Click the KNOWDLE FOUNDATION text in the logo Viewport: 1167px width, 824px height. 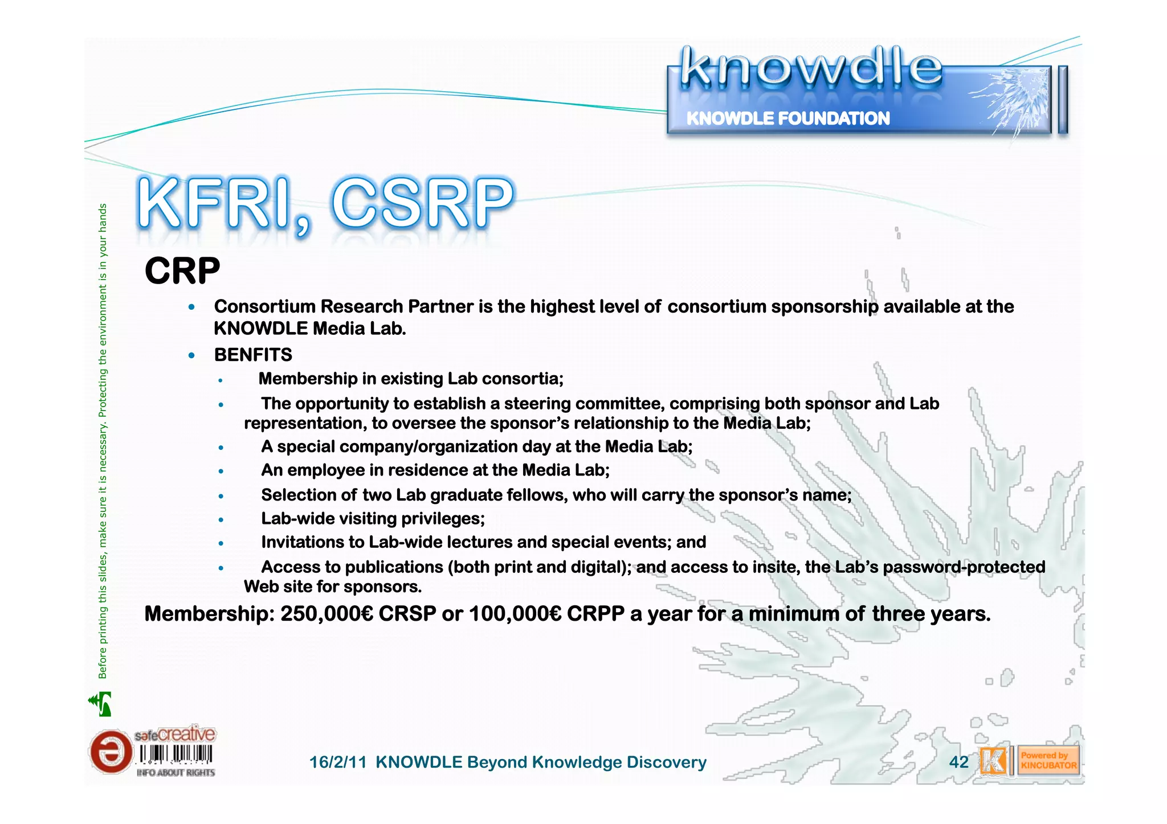pos(787,118)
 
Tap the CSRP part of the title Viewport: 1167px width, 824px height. pos(422,204)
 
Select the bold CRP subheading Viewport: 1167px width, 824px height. pos(182,271)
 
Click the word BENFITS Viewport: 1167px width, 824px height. pos(253,355)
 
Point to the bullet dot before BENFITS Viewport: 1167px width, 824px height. pos(192,356)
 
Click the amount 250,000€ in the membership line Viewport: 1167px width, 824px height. pos(327,614)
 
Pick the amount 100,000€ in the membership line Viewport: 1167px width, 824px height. pos(515,614)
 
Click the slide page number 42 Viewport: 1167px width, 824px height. pos(958,762)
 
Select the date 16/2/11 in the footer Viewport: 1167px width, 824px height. pos(338,762)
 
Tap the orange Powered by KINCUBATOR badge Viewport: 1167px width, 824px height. pos(1048,761)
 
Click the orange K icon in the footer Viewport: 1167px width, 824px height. pos(993,761)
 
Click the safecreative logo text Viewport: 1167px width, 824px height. pos(175,735)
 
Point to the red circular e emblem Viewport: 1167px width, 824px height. pos(110,752)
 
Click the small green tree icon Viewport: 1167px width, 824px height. pos(101,704)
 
